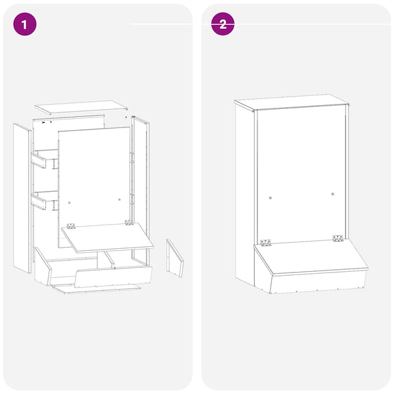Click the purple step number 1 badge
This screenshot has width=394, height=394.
click(x=25, y=24)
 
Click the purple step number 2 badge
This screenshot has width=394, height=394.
click(x=223, y=24)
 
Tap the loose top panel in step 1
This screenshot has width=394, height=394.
click(x=80, y=106)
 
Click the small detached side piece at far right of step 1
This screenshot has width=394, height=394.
click(x=175, y=257)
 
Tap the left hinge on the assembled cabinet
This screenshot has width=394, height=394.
click(x=266, y=241)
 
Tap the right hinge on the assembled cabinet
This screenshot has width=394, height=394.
click(x=338, y=238)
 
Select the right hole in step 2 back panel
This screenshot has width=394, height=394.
click(x=333, y=194)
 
